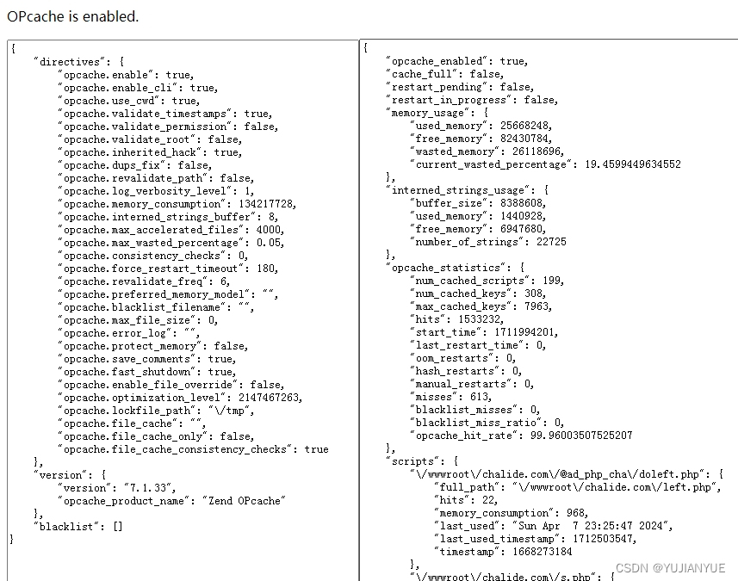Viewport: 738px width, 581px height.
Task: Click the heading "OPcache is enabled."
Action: click(x=72, y=16)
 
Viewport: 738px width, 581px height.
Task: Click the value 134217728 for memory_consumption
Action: click(x=261, y=204)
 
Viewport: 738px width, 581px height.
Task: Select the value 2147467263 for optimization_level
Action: click(x=268, y=398)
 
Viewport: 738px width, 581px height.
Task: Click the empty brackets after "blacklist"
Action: click(x=118, y=527)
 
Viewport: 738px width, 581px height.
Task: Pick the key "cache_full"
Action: click(x=420, y=74)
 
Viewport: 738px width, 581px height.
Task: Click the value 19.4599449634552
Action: click(x=632, y=164)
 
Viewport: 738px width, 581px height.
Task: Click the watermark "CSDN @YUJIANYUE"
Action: click(x=670, y=568)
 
